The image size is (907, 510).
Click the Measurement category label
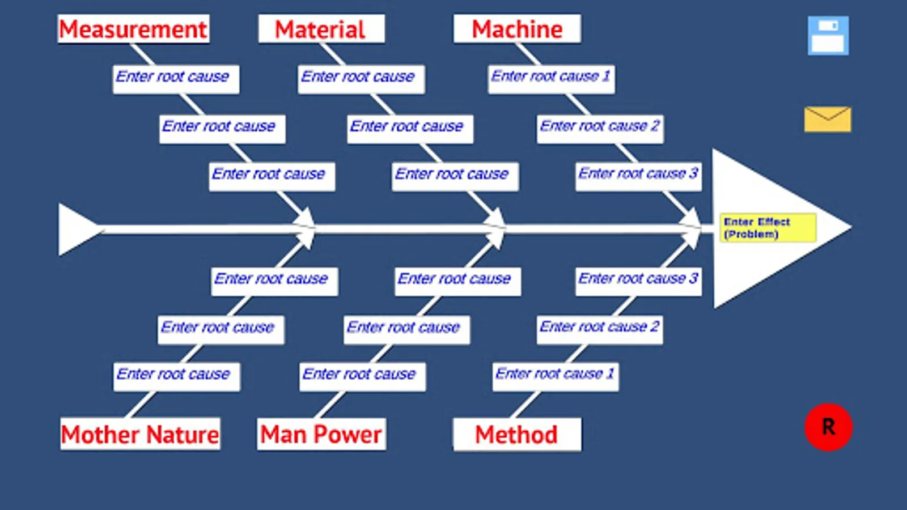pos(133,29)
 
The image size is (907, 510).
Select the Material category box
pos(321,29)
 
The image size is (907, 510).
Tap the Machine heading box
pos(516,29)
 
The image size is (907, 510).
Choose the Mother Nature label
pos(140,435)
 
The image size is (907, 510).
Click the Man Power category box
pos(321,435)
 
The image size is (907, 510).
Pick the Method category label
pos(516,435)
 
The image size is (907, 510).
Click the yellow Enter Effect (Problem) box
pos(768,228)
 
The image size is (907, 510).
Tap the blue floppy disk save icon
pos(828,36)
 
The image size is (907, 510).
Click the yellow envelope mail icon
pos(827,119)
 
